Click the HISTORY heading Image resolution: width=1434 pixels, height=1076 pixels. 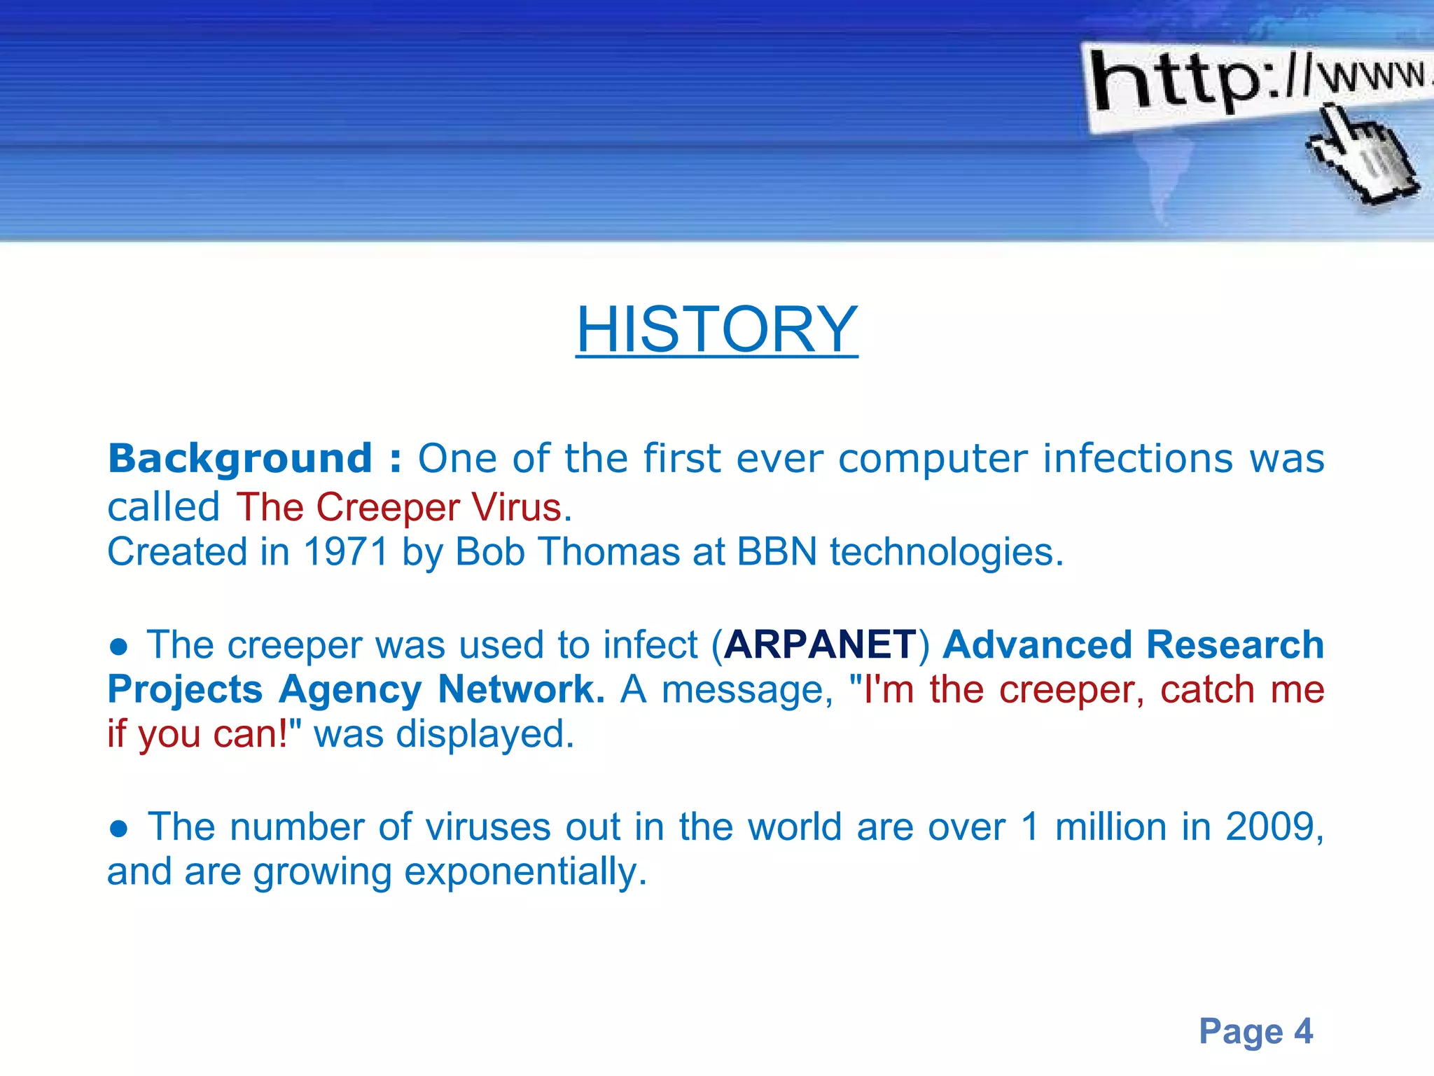[x=716, y=329]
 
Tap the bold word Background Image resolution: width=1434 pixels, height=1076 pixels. [x=239, y=459]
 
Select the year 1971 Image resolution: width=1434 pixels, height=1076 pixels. [x=345, y=552]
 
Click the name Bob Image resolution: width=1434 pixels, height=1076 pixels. [x=489, y=552]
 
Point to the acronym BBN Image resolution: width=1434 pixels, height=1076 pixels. [x=777, y=552]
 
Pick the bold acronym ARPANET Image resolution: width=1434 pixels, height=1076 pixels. [x=820, y=644]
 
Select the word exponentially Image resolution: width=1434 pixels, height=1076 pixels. [x=521, y=873]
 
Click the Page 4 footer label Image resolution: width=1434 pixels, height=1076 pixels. [x=1255, y=1031]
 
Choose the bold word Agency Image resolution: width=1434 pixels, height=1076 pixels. [x=350, y=689]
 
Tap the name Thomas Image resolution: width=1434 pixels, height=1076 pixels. [x=608, y=552]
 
